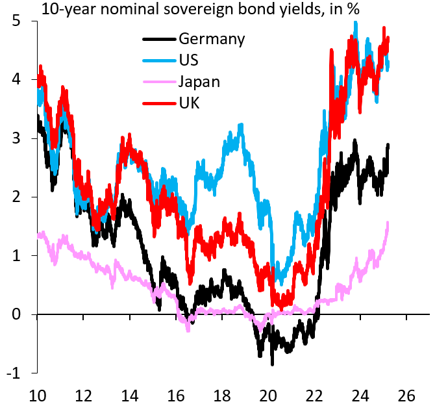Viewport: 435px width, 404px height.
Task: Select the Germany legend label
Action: click(211, 39)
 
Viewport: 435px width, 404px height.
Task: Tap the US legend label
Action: click(189, 60)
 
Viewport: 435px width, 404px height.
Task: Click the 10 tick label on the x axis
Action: click(38, 393)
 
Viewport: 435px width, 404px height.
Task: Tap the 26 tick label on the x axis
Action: click(406, 393)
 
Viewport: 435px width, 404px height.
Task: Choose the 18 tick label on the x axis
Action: click(222, 393)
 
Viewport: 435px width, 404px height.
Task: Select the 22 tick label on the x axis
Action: click(314, 393)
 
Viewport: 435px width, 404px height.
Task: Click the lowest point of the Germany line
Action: click(272, 364)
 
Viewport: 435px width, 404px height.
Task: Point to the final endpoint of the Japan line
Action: click(388, 223)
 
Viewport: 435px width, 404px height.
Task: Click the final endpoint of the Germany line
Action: click(388, 145)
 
